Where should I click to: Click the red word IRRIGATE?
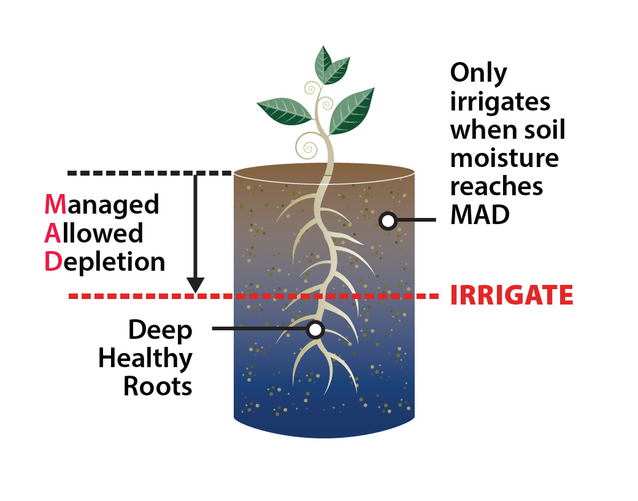point(512,295)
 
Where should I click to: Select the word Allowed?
point(94,233)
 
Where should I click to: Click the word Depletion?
point(105,262)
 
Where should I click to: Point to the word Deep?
point(159,330)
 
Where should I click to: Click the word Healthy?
point(145,359)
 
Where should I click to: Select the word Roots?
point(158,387)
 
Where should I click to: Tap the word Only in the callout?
point(479,73)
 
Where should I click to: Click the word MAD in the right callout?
point(480,214)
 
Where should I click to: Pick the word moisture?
point(504,158)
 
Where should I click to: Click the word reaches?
point(496,186)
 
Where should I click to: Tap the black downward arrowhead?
point(195,285)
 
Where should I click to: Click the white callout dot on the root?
point(315,330)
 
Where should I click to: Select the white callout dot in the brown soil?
point(387,220)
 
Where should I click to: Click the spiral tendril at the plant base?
point(307,146)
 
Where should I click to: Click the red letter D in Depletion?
point(52,262)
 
